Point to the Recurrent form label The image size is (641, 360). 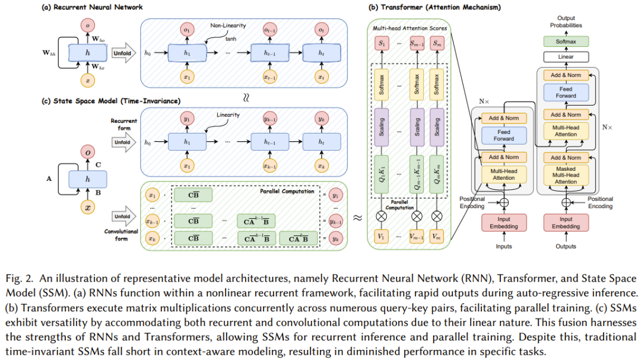123,124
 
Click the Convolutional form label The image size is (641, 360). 123,235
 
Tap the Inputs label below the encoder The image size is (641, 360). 503,246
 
